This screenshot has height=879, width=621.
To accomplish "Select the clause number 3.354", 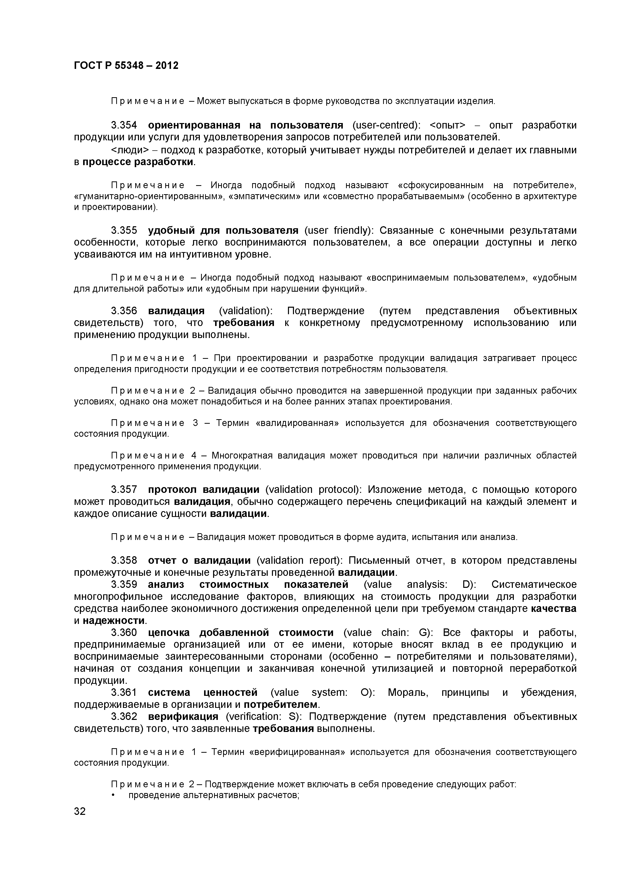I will (124, 126).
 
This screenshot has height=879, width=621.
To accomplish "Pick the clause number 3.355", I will (124, 231).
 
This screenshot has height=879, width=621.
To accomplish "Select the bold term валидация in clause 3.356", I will (176, 311).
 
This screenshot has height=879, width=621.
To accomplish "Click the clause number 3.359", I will (124, 585).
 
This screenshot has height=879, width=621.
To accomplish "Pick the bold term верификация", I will (183, 716).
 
